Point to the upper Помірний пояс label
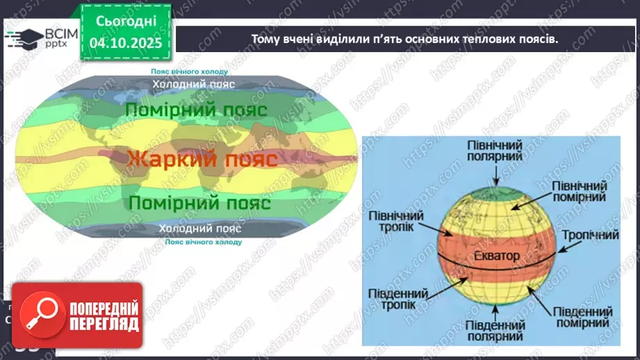point(196,110)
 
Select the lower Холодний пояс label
point(200,229)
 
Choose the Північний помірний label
point(579,193)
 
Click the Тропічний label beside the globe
point(591,235)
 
